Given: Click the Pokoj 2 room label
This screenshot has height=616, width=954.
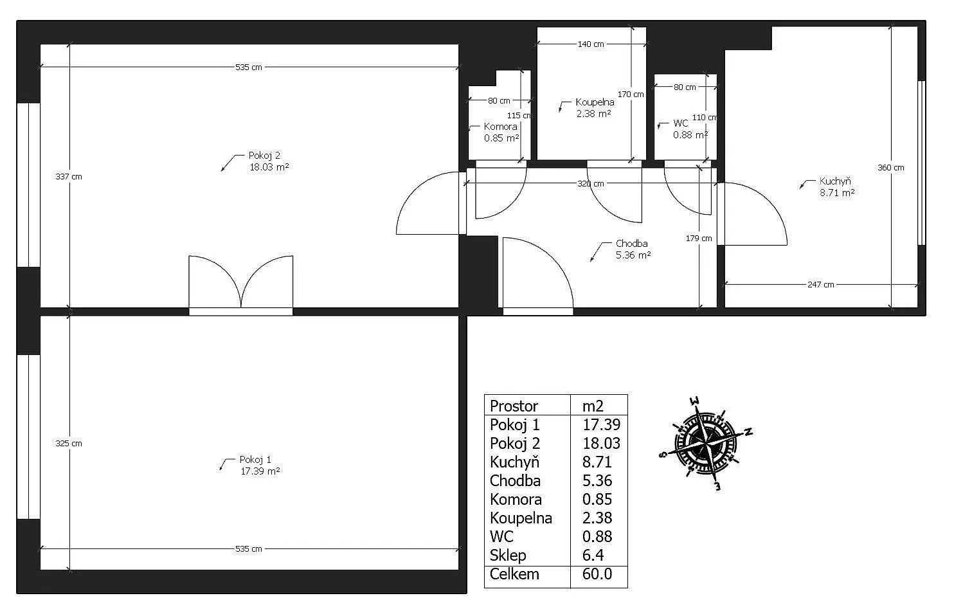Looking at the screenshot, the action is tap(264, 156).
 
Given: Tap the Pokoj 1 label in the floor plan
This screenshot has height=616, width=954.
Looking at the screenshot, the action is tap(255, 460).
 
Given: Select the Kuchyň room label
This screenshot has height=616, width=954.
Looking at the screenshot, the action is tap(835, 181).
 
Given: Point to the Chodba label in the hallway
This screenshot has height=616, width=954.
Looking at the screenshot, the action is tap(631, 244).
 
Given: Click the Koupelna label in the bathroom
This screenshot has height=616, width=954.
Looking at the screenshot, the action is tap(595, 102).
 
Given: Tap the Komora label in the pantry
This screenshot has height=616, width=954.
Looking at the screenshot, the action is tap(500, 127).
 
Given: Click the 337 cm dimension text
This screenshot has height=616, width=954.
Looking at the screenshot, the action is tap(69, 176).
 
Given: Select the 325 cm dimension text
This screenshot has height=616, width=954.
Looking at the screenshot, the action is tap(69, 443).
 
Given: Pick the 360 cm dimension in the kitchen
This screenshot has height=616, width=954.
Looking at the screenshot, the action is tap(890, 167).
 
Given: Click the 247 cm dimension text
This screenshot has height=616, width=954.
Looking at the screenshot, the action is tap(821, 284).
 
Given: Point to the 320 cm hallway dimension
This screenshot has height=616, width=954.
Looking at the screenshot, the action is tap(590, 184).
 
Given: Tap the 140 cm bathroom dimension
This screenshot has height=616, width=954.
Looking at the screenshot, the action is tap(591, 44).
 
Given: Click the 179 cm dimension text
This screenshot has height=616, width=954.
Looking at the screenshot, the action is tap(698, 238).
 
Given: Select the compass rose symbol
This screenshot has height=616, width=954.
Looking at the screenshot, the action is tap(705, 444).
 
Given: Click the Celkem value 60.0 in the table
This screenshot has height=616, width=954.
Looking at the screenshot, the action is tap(597, 574).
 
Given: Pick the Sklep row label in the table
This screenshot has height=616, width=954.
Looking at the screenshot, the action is tap(508, 556).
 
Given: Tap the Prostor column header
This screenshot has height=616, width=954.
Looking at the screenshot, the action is tap(514, 406).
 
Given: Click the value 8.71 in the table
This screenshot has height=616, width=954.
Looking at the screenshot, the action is tap(597, 462).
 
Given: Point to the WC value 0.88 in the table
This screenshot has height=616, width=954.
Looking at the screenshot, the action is tap(597, 536).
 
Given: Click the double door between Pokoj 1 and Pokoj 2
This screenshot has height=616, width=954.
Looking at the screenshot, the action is tap(240, 285).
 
